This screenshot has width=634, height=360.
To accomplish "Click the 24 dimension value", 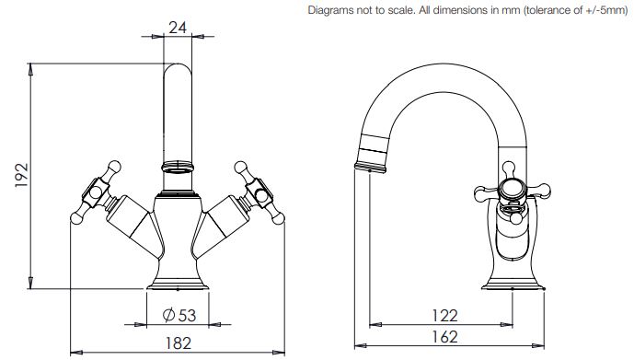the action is click(178, 28).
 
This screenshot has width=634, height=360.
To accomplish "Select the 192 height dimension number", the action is click(22, 175).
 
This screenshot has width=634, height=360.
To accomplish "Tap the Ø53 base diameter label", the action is click(179, 315).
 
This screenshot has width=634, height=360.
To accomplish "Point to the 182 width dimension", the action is click(178, 343).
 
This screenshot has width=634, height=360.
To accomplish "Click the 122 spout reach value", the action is click(444, 316).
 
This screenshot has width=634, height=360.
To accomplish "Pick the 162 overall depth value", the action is click(444, 337).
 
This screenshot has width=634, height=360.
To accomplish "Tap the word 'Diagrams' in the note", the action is click(330, 10).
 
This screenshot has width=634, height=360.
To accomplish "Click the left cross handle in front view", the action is click(96, 192).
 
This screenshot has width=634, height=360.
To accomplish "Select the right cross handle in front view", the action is click(259, 192).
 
